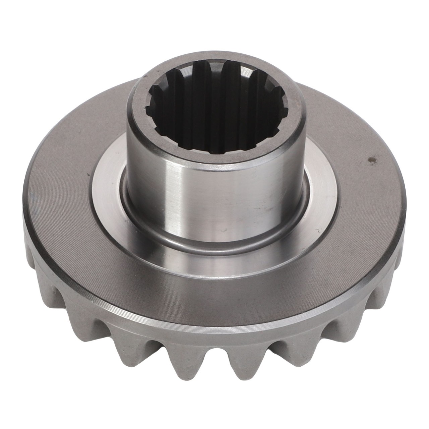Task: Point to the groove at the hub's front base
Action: pyautogui.click(x=214, y=246)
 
